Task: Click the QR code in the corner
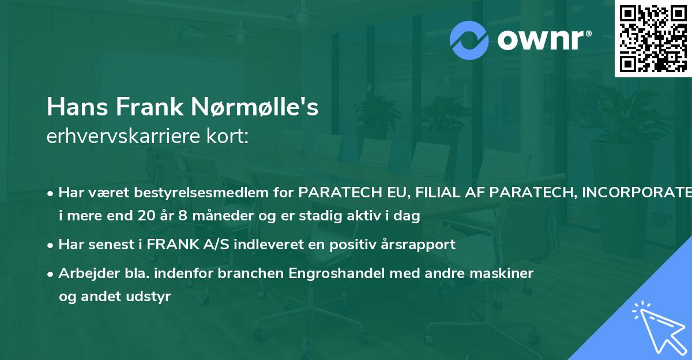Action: click(653, 39)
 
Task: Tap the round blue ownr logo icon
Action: click(469, 40)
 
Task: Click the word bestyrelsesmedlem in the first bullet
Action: click(194, 192)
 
